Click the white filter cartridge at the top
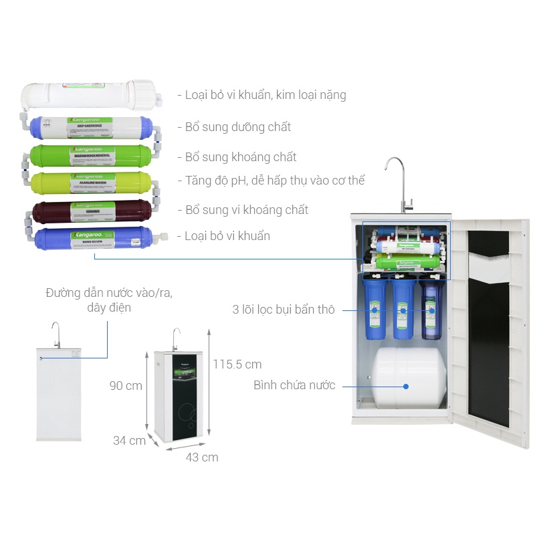(87, 94)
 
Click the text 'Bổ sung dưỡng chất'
(234, 127)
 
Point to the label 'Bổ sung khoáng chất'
(241, 157)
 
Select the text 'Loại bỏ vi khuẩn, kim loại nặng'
(261, 95)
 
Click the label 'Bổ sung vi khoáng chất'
(243, 210)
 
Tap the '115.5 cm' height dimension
(237, 364)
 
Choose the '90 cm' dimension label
(126, 386)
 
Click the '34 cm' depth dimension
(129, 441)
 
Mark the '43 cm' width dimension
(202, 457)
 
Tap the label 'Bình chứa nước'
(294, 385)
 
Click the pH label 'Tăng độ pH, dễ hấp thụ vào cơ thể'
(270, 181)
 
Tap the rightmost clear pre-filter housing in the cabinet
(431, 308)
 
